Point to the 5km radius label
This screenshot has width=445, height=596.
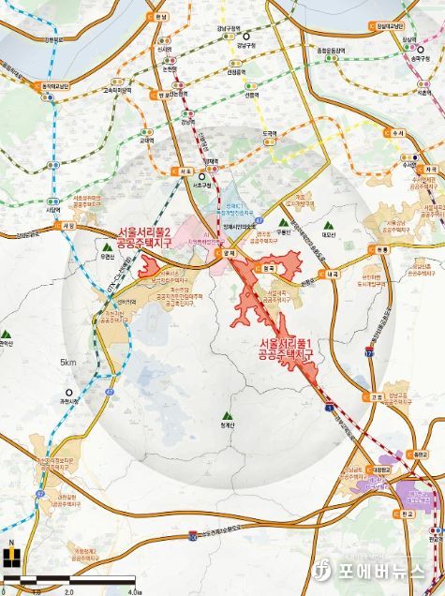pyautogui.click(x=67, y=363)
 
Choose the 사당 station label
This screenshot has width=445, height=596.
pyautogui.click(x=67, y=226)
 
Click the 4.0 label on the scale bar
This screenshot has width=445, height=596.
pyautogui.click(x=135, y=591)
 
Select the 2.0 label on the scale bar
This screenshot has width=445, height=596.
pyautogui.click(x=68, y=591)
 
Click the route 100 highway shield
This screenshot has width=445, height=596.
pyautogui.click(x=191, y=533)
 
